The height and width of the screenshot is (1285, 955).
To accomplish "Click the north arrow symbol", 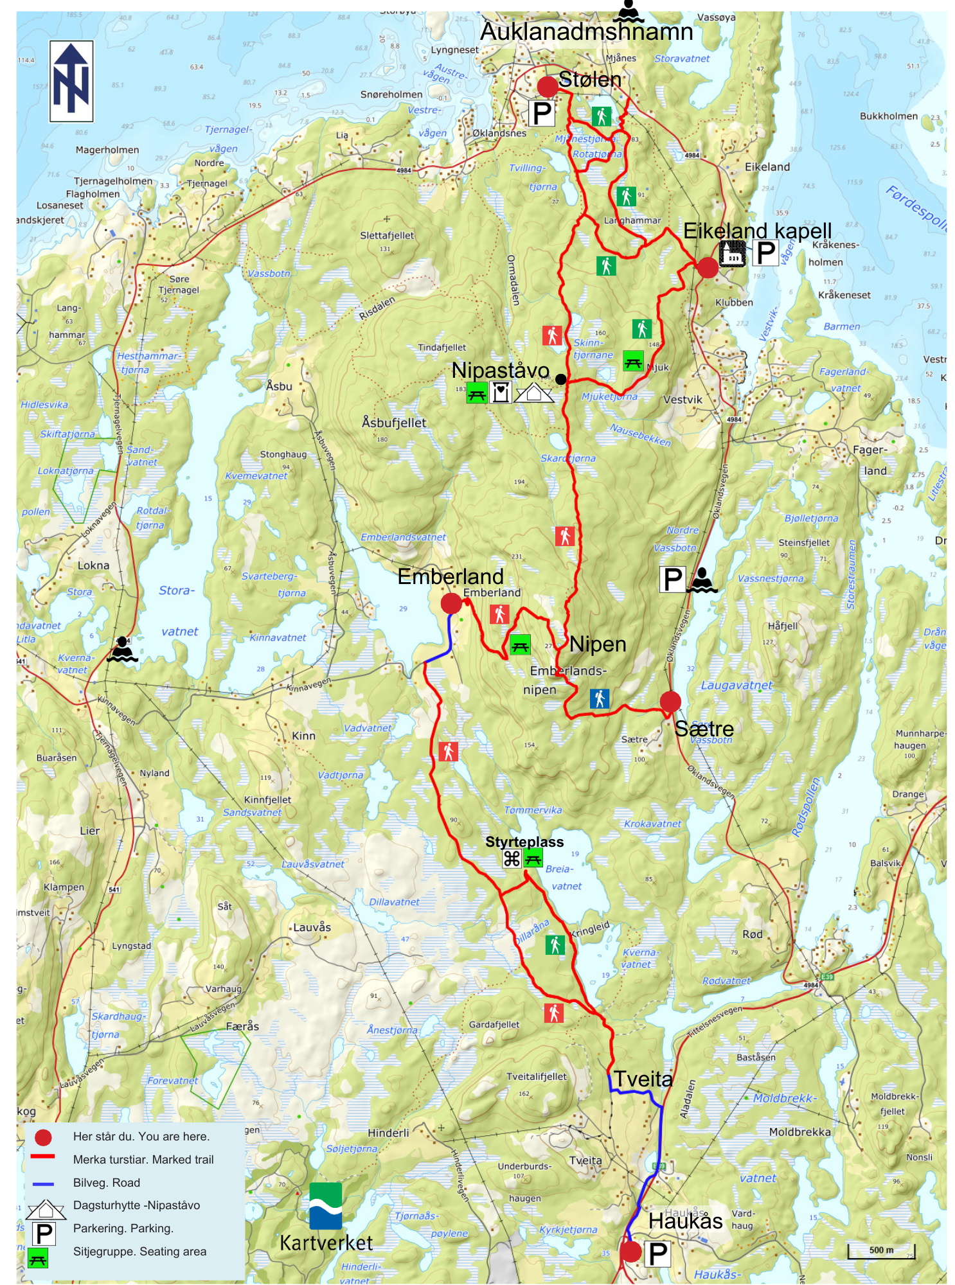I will (71, 81).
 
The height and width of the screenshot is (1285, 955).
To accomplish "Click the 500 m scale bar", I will (881, 1250).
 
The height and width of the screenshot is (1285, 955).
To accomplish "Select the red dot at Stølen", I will (547, 86).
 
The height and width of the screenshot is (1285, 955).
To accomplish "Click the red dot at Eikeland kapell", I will (707, 267).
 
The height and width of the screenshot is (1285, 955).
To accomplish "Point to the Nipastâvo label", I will (500, 370).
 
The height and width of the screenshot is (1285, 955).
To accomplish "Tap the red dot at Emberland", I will (451, 603).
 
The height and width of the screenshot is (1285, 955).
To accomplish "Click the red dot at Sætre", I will (670, 701).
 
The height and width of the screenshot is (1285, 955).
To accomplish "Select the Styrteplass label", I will (524, 842).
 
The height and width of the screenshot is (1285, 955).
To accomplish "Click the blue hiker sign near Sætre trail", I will (599, 698).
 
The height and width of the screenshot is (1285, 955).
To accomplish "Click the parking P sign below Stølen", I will (542, 114).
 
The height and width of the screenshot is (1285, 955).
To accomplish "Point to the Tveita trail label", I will (643, 1079).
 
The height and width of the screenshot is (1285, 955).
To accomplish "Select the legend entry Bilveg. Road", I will (106, 1183).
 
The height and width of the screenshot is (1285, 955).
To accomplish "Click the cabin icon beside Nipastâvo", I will (534, 392).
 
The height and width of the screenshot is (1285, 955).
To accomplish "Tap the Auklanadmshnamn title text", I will (586, 31).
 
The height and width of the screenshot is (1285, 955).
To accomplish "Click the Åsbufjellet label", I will (394, 423).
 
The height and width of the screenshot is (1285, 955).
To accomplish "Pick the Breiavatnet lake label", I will (563, 878).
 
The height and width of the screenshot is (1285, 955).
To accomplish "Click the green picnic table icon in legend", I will (38, 1260).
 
